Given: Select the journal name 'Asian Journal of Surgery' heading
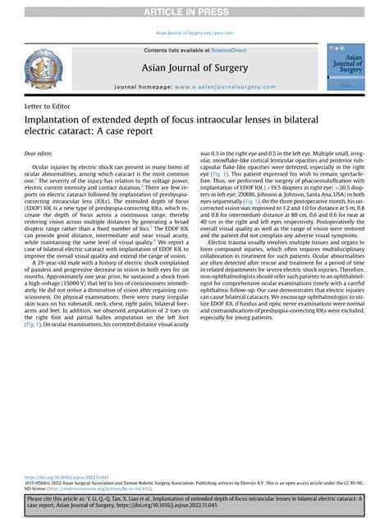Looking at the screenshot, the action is coord(194,67).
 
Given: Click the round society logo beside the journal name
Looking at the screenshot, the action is coord(42,69).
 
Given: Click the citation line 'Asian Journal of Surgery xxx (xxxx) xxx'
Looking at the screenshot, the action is coord(194,33).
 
